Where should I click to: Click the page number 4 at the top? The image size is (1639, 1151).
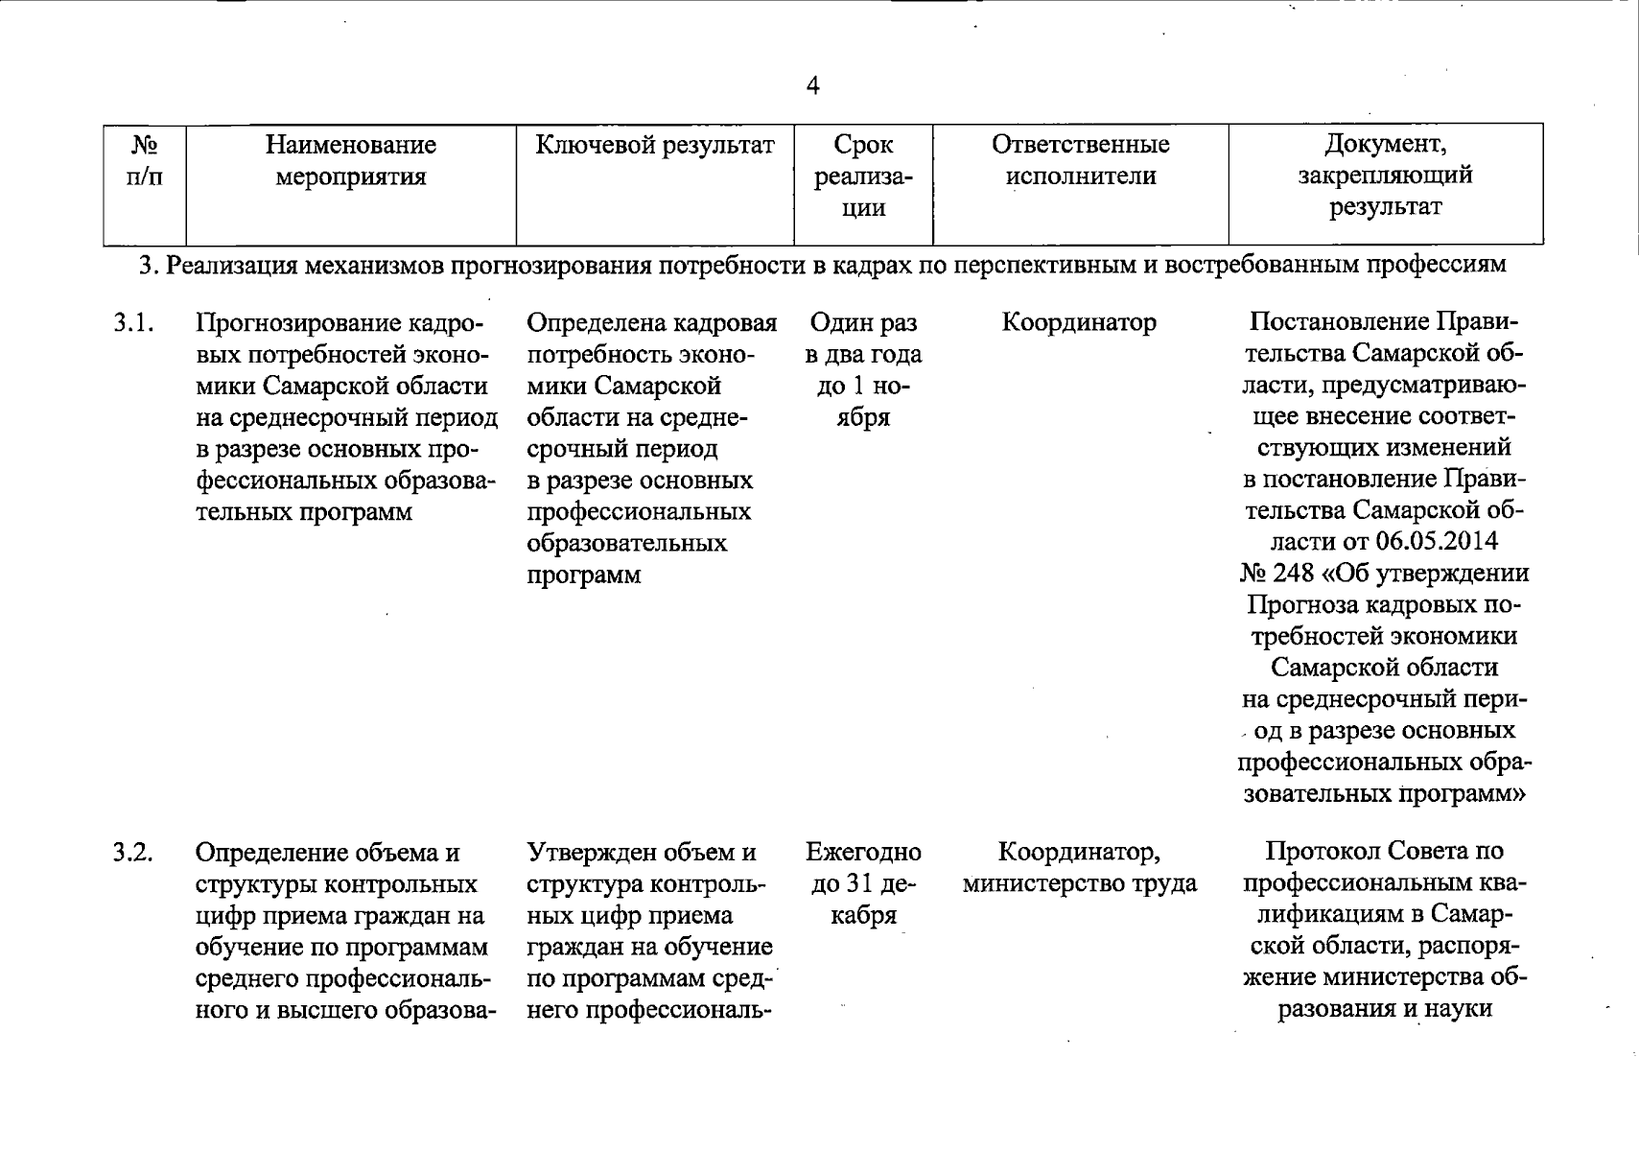[x=813, y=86]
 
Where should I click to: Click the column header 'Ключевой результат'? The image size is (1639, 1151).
[x=654, y=146]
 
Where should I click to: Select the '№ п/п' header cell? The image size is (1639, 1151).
[x=145, y=161]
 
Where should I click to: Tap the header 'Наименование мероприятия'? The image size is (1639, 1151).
[x=350, y=161]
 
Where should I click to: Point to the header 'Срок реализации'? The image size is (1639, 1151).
[x=862, y=176]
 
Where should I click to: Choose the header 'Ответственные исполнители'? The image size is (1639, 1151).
[x=1080, y=161]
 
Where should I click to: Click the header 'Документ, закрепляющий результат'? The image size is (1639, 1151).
[x=1385, y=176]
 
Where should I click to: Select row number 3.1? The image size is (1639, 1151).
[x=133, y=323]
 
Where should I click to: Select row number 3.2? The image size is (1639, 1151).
[x=133, y=853]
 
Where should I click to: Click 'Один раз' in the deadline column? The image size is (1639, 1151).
[x=862, y=323]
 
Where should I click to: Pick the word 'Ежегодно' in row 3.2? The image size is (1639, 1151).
[x=862, y=852]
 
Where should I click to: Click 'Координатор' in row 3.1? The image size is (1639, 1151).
[x=1079, y=323]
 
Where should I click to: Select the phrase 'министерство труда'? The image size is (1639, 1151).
[x=1079, y=883]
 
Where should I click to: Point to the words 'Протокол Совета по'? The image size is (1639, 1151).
[x=1384, y=852]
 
